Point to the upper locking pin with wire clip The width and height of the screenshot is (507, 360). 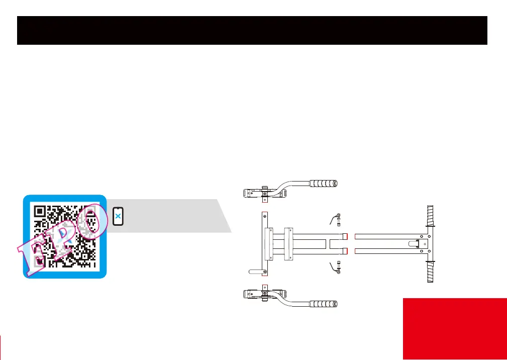coord(338,219)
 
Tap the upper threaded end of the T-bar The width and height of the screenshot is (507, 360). coord(430,218)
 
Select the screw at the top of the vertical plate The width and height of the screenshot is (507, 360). coord(265,217)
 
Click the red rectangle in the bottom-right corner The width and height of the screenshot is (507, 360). coord(454,329)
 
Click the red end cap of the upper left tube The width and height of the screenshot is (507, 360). coord(345,236)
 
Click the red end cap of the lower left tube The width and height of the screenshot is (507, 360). coord(345,251)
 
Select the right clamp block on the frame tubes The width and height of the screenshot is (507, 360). coord(288,244)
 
